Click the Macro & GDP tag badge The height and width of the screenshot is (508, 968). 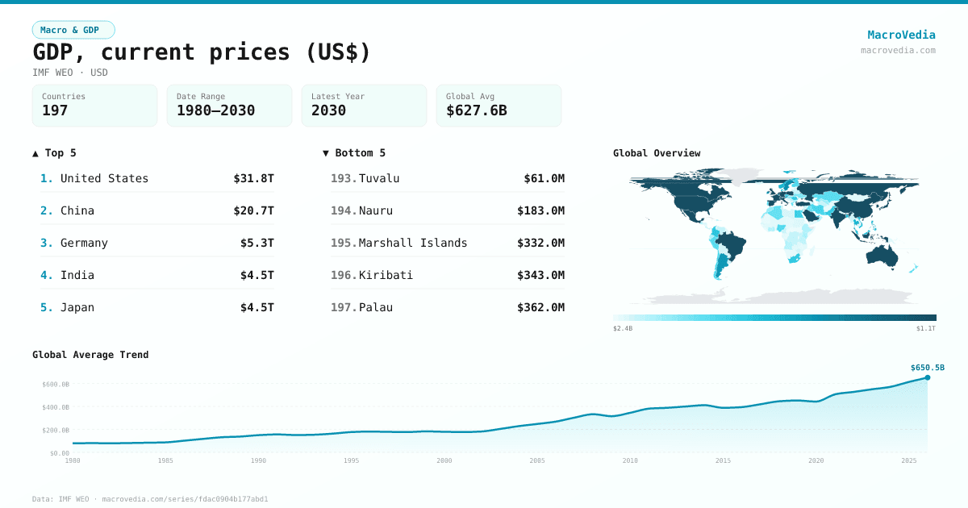pyautogui.click(x=73, y=30)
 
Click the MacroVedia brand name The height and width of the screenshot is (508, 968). pyautogui.click(x=901, y=35)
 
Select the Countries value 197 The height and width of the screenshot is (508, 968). pyautogui.click(x=55, y=110)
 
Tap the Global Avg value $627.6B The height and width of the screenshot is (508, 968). pyautogui.click(x=476, y=110)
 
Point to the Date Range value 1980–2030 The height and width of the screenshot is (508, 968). pyautogui.click(x=215, y=110)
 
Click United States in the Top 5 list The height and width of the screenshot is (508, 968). pyautogui.click(x=104, y=178)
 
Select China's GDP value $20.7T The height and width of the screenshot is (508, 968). pyautogui.click(x=257, y=210)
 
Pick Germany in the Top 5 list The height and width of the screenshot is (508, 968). pyautogui.click(x=84, y=243)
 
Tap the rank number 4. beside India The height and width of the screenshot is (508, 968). pyautogui.click(x=47, y=275)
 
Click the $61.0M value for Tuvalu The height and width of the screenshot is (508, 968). pyautogui.click(x=544, y=178)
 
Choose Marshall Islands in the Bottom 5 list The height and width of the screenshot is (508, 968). pyautogui.click(x=413, y=243)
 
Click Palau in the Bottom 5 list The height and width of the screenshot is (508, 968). pyautogui.click(x=376, y=307)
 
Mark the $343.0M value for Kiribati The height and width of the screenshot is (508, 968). pyautogui.click(x=540, y=275)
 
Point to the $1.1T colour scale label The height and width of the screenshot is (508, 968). pyautogui.click(x=926, y=328)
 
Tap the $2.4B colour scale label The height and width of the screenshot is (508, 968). pyautogui.click(x=623, y=328)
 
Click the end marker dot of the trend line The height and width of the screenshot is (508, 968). pyautogui.click(x=928, y=377)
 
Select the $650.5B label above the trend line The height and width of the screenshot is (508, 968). pyautogui.click(x=927, y=367)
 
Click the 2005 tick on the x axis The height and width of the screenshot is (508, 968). pyautogui.click(x=537, y=460)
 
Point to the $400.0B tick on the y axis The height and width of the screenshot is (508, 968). pyautogui.click(x=56, y=407)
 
